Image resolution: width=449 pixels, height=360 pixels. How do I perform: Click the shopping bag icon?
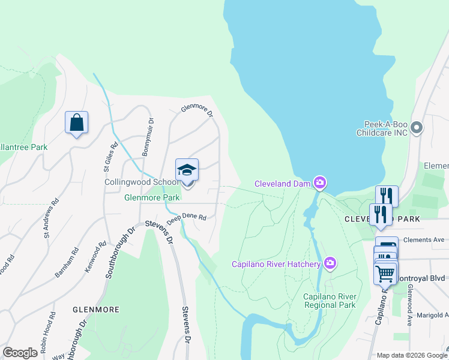click(x=76, y=122)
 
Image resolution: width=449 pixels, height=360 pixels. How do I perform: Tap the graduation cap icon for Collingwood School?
click(x=187, y=170)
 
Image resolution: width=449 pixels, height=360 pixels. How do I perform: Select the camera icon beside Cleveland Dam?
click(x=321, y=182)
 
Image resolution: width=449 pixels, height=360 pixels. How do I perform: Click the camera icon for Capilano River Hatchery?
click(x=330, y=263)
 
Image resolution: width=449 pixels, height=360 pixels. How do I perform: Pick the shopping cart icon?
click(x=385, y=273)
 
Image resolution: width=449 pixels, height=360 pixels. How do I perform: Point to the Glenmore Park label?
click(x=152, y=197)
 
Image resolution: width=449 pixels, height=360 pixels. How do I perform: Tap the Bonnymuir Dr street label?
click(x=148, y=137)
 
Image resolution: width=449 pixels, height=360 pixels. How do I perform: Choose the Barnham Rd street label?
click(x=67, y=262)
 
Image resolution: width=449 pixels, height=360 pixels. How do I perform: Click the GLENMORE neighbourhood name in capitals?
click(x=95, y=310)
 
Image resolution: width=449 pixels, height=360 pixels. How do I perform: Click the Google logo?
click(x=20, y=353)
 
